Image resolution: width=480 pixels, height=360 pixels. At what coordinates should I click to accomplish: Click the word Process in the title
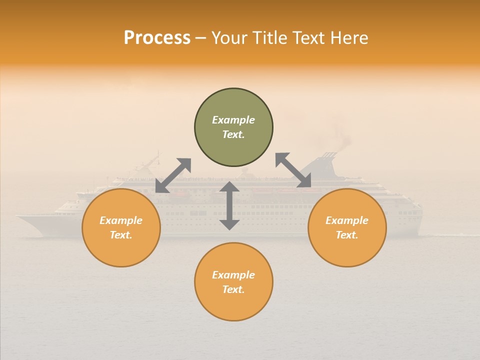tap(157, 38)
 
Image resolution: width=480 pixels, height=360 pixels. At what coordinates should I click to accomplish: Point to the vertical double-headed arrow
tap(229, 205)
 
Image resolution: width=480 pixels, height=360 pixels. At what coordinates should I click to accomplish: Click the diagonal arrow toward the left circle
tap(173, 175)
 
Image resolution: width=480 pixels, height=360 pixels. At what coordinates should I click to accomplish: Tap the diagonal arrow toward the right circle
tap(293, 170)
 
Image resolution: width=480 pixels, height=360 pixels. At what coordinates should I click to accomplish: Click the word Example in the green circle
tap(233, 120)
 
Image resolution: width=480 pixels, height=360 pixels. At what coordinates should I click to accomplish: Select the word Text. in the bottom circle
tap(233, 289)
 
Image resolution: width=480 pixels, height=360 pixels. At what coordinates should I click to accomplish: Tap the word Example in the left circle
tap(121, 220)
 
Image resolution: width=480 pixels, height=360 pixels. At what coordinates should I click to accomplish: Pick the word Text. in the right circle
tap(347, 235)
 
